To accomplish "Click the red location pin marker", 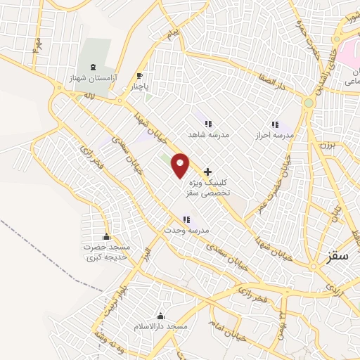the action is click(x=181, y=165).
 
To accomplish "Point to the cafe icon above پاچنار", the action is click(x=140, y=75).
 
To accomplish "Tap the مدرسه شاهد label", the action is click(x=205, y=134).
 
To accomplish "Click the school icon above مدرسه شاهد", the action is click(x=207, y=123).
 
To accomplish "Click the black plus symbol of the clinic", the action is click(x=207, y=171).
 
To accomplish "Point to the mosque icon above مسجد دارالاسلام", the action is click(x=161, y=316).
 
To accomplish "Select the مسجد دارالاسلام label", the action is click(x=161, y=327).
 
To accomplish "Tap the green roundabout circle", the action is click(x=308, y=103).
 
